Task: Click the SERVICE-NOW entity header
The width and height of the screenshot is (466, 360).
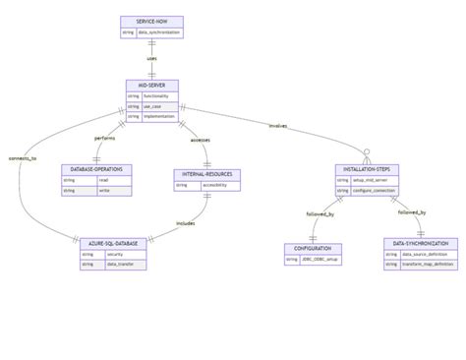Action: pyautogui.click(x=151, y=22)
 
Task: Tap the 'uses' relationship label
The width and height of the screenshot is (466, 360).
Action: pyautogui.click(x=151, y=58)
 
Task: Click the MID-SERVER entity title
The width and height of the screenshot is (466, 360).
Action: pyautogui.click(x=151, y=86)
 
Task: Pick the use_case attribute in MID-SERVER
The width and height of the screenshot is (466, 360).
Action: pyautogui.click(x=157, y=106)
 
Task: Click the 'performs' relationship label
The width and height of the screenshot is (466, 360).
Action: pyautogui.click(x=104, y=138)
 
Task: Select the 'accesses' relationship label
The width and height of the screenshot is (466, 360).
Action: pyautogui.click(x=200, y=138)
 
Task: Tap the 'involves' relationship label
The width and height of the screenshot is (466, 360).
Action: pyautogui.click(x=278, y=125)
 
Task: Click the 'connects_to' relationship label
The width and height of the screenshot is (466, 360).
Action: pyautogui.click(x=23, y=157)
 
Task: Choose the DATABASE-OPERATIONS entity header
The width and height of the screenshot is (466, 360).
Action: pyautogui.click(x=96, y=170)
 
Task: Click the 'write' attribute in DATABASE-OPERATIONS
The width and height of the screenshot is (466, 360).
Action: pyautogui.click(x=103, y=191)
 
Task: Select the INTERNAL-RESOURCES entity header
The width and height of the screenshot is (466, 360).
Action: pyautogui.click(x=206, y=174)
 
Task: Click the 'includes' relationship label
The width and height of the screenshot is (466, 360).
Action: pyautogui.click(x=185, y=222)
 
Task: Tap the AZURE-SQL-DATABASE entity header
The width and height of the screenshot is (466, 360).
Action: pyautogui.click(x=112, y=242)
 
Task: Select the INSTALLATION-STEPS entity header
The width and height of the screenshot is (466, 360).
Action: pyautogui.click(x=367, y=170)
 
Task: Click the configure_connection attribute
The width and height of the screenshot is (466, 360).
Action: pyautogui.click(x=375, y=191)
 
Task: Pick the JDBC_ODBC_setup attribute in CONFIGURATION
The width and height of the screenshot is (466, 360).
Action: pyautogui.click(x=320, y=259)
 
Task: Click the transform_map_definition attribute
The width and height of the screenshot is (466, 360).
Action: pyautogui.click(x=428, y=264)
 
